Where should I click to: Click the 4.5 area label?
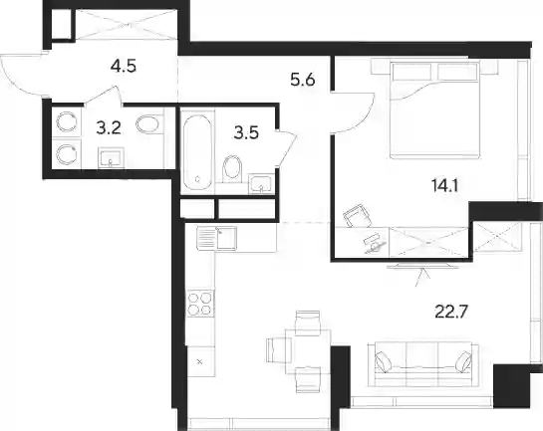point(124,66)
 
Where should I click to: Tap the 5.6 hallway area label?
point(303,81)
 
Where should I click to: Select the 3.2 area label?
point(109,128)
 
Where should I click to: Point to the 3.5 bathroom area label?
point(246,132)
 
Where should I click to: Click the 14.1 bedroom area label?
point(445,186)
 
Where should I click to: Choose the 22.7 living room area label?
point(451,312)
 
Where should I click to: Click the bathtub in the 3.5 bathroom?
point(197,151)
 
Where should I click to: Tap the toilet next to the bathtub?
point(232,168)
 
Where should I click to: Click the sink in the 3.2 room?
point(111,158)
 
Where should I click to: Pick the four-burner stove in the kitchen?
point(199,304)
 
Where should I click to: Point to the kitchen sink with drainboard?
point(217,238)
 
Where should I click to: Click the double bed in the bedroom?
point(434,110)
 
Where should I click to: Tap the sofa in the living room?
point(422,364)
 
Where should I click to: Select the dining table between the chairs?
point(308,351)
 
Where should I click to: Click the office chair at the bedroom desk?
point(357,215)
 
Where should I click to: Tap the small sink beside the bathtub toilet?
point(261,184)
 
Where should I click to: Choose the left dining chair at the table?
point(279,349)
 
